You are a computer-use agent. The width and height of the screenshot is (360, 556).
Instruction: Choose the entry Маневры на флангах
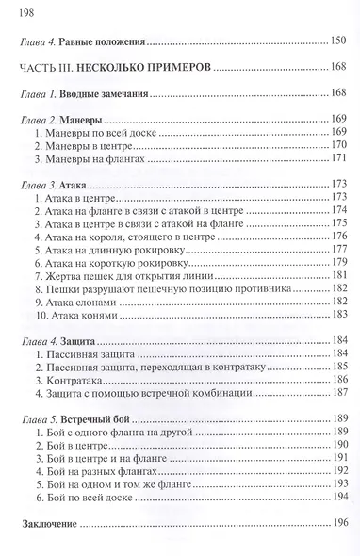point(88,160)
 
